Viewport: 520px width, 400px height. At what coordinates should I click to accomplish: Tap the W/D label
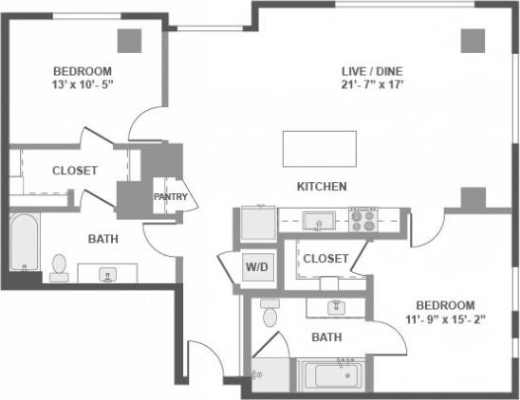pos(257,266)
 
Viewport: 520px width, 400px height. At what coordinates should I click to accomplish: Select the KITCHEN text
pos(322,186)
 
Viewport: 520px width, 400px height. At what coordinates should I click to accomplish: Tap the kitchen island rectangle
pos(319,148)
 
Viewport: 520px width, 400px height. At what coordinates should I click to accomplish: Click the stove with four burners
pos(363,221)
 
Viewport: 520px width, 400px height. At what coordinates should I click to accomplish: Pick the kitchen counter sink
pos(317,222)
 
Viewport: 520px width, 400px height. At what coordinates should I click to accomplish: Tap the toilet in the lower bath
pos(269,314)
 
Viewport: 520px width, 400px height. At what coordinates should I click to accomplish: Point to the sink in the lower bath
pos(335,307)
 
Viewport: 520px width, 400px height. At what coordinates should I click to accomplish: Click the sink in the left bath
pos(107,275)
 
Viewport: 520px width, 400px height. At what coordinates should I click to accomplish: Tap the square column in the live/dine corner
pos(473,40)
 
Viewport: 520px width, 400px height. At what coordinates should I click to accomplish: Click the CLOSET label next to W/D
pos(325,258)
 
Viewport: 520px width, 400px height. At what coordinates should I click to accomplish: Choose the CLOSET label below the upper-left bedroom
pos(74,171)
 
